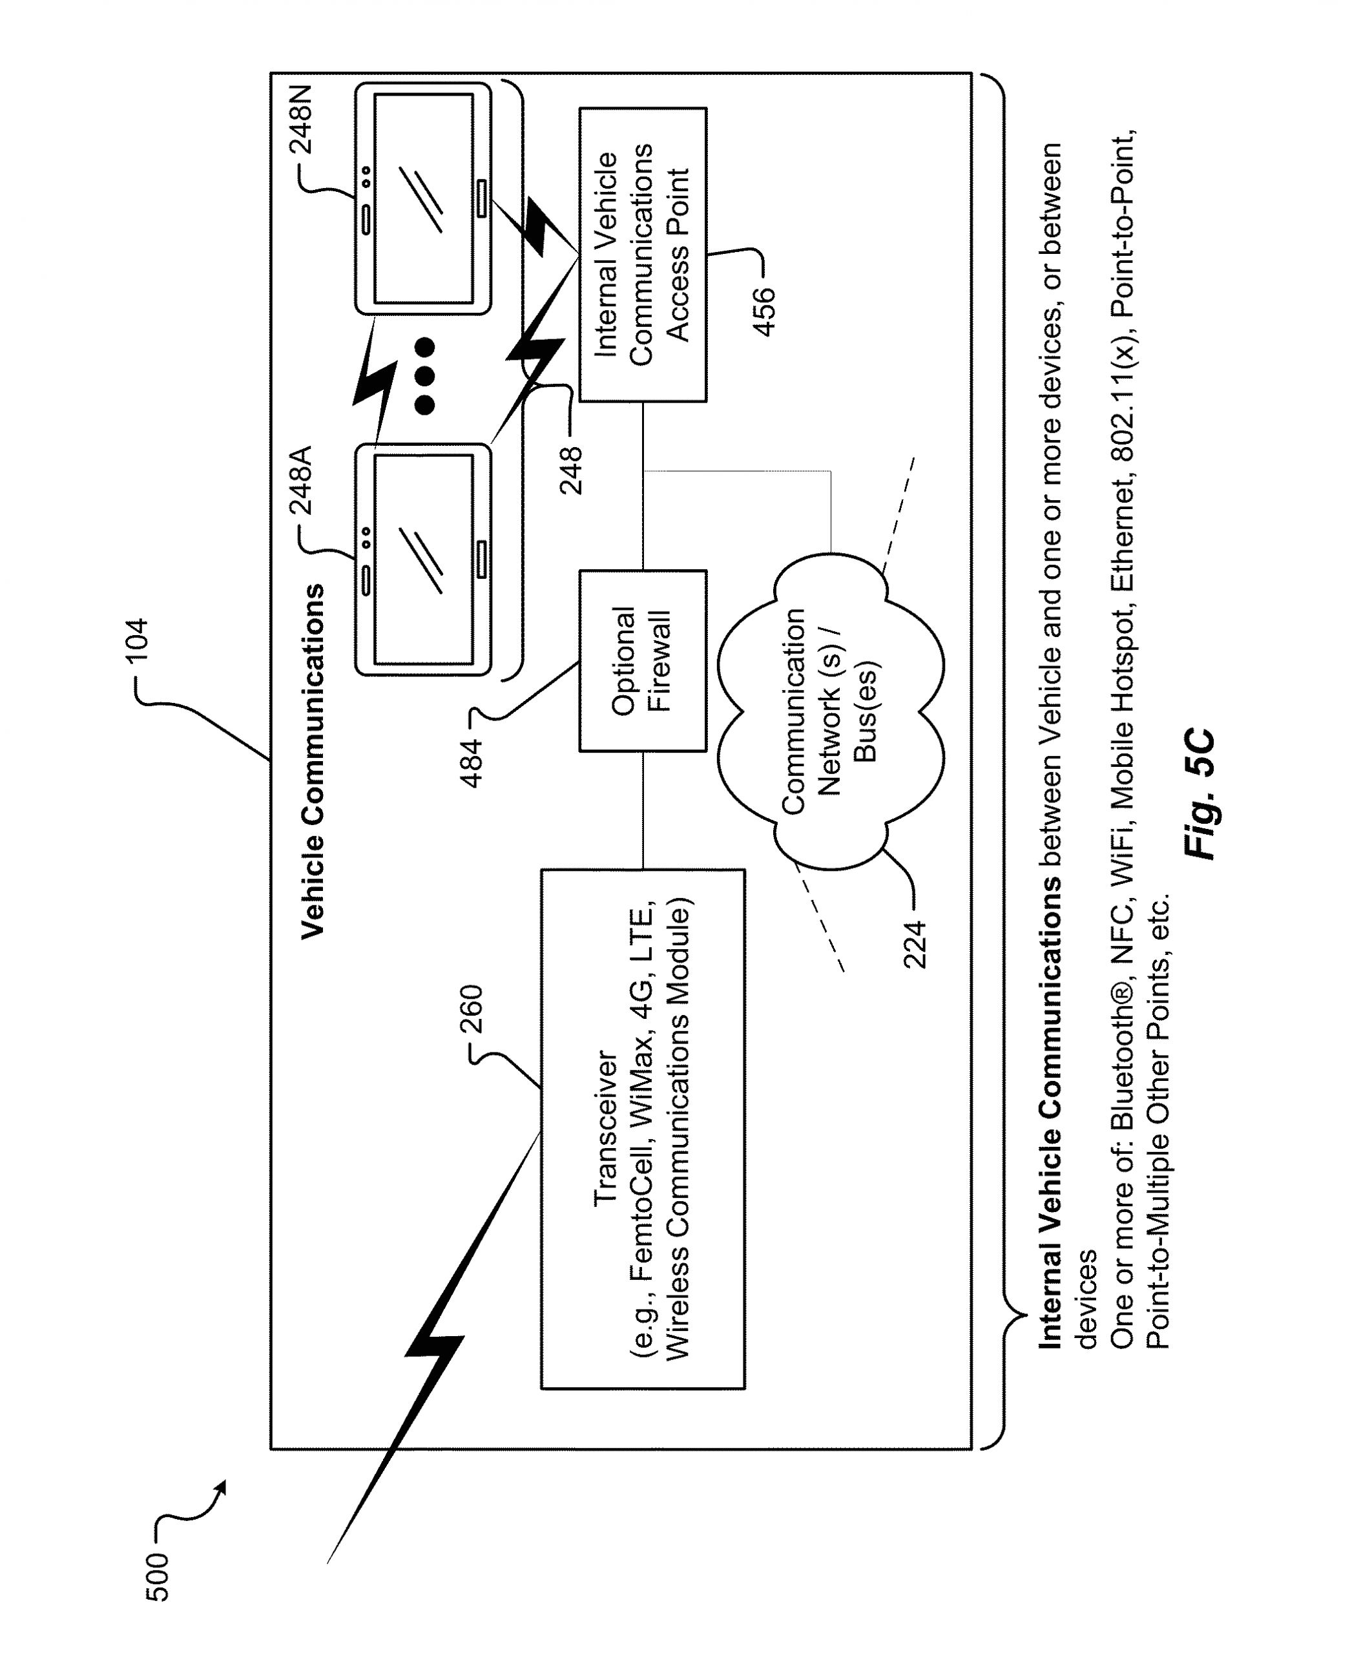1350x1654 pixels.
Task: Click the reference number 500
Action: (157, 1576)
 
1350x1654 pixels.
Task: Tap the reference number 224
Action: (915, 944)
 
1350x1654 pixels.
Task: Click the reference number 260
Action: (472, 1009)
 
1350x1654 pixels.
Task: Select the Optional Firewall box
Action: (642, 660)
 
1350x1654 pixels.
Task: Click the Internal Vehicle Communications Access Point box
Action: (642, 255)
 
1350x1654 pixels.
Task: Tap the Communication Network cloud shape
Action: (830, 711)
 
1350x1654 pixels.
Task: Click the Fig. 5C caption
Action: (1200, 794)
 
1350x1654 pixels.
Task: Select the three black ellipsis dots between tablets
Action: (424, 375)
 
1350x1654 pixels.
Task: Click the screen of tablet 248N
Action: (424, 199)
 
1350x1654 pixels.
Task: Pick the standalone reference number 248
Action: (571, 470)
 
